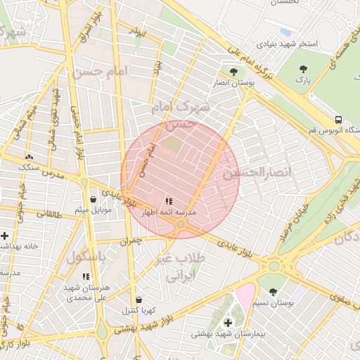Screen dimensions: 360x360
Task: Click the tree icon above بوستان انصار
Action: (233, 71)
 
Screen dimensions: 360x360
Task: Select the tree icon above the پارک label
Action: (304, 69)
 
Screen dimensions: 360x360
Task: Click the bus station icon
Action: (339, 120)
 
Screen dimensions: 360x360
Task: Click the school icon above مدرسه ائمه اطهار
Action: (169, 200)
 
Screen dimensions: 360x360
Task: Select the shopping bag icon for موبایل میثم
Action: (93, 199)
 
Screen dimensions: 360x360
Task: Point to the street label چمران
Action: (131, 240)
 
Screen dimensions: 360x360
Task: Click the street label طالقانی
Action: (49, 213)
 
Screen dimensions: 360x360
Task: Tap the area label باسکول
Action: (86, 257)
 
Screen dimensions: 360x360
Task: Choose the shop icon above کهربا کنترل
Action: (139, 300)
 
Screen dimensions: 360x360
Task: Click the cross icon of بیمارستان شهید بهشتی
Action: (227, 322)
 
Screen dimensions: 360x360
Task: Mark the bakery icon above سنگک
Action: (29, 157)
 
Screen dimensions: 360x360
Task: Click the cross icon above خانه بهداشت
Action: (5, 236)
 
